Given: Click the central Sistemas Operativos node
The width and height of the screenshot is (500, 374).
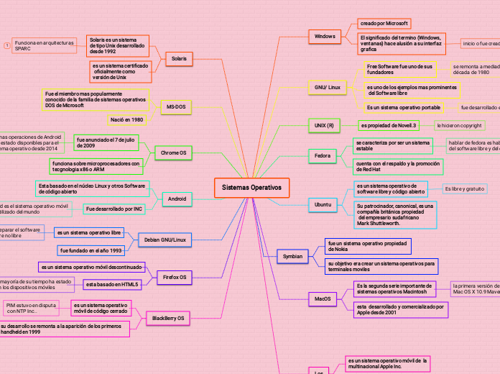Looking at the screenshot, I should click(x=251, y=188).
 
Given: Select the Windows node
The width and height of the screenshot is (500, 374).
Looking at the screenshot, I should click(x=325, y=36).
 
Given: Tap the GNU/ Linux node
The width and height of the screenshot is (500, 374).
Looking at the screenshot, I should click(x=328, y=87).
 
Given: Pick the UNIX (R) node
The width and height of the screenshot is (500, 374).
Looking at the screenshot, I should click(x=325, y=125).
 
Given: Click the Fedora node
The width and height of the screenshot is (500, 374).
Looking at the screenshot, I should click(x=323, y=155).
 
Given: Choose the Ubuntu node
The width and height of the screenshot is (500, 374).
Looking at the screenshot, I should click(x=323, y=205).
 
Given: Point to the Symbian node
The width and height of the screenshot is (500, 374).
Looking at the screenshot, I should click(x=292, y=256).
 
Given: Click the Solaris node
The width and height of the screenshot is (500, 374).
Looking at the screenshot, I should click(x=179, y=58).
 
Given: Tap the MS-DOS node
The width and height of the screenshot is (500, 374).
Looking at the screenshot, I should click(x=176, y=106).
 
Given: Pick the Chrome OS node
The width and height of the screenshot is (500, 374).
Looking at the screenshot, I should click(x=173, y=152).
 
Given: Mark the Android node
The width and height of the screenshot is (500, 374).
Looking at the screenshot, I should click(x=177, y=199).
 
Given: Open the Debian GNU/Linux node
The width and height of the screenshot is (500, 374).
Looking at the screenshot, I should click(x=165, y=240).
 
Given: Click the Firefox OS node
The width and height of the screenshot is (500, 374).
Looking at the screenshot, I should click(x=172, y=277).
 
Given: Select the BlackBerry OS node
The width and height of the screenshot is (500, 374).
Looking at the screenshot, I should click(x=168, y=318).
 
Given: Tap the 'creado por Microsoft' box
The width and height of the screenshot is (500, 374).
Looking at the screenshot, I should click(x=384, y=24).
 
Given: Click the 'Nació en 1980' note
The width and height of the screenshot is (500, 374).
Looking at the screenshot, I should click(x=127, y=119).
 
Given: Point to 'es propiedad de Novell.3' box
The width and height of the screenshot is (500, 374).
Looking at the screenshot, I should click(x=388, y=125).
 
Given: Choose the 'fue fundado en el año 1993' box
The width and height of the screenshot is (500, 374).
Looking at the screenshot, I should click(x=91, y=250).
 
